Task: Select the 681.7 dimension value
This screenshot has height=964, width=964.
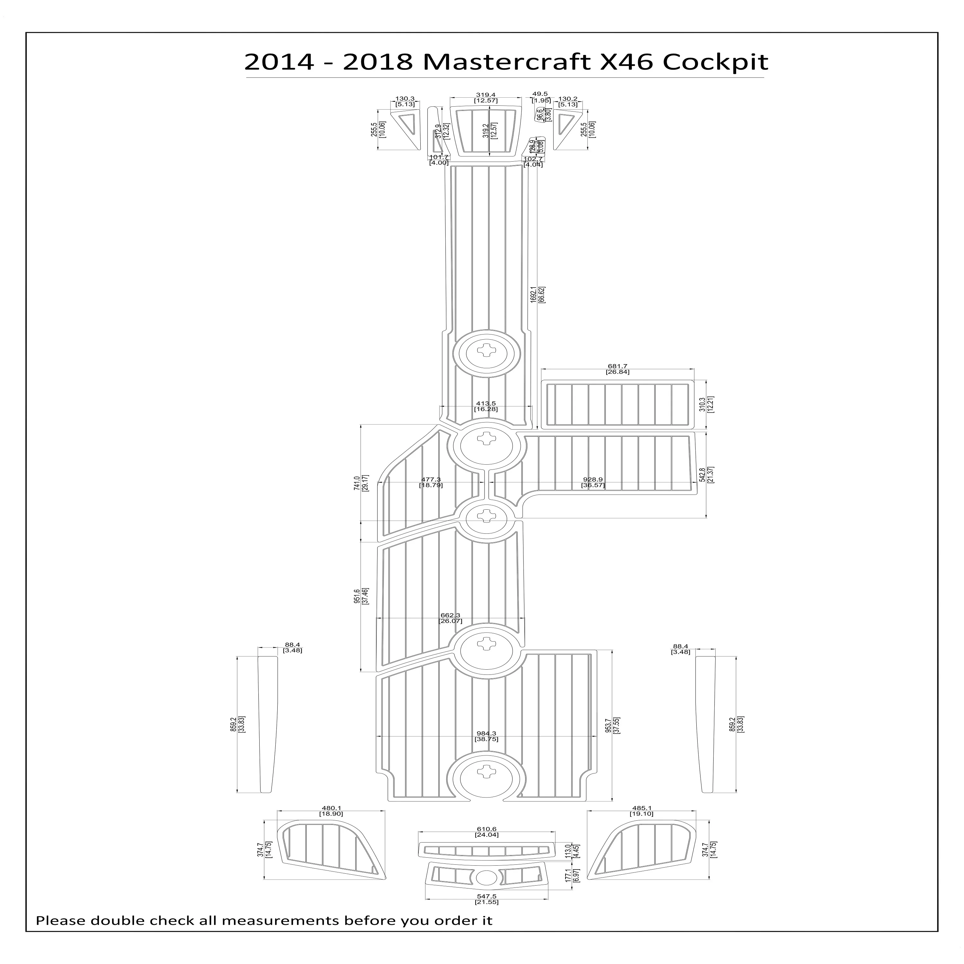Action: tap(618, 366)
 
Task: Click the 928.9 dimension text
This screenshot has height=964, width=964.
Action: tap(593, 479)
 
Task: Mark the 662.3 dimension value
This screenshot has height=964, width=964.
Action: tap(450, 615)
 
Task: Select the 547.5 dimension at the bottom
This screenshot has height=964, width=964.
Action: tap(486, 911)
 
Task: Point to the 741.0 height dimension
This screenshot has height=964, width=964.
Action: tap(357, 483)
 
